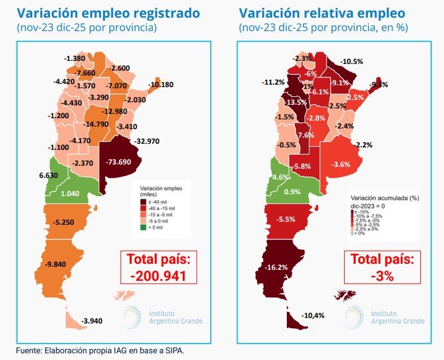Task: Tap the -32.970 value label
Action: pyautogui.click(x=149, y=141)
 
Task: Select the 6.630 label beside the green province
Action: pyautogui.click(x=48, y=175)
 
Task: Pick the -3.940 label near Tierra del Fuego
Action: pyautogui.click(x=91, y=320)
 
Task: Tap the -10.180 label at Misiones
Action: pyautogui.click(x=161, y=84)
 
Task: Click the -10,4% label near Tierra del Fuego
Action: pyautogui.click(x=314, y=315)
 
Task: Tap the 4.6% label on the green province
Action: pyautogui.click(x=280, y=177)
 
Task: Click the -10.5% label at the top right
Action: pyautogui.click(x=351, y=62)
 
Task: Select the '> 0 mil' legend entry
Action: pyautogui.click(x=159, y=228)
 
